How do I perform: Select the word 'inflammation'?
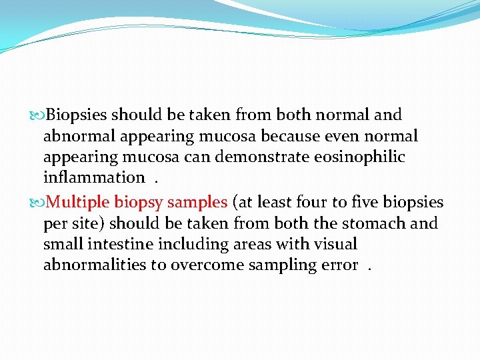coord(94,178)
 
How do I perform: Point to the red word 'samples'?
coord(197,201)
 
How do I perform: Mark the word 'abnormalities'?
coord(95,265)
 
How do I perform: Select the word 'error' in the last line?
coord(339,265)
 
